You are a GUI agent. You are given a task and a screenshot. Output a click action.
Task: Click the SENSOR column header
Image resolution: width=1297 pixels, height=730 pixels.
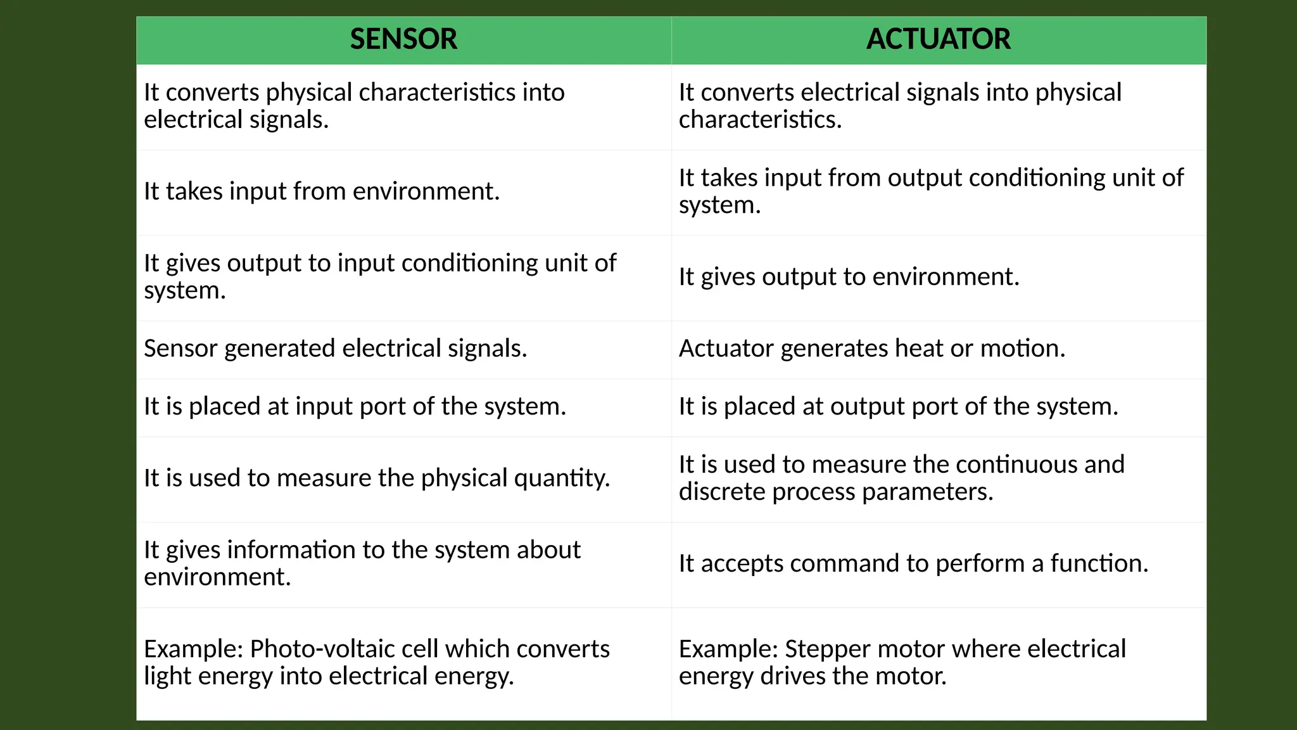tap(403, 39)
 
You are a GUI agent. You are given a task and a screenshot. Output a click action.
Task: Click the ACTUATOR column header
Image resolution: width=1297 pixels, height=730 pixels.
tap(938, 39)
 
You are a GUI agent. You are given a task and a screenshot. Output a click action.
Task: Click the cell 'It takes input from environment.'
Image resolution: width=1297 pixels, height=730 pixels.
tap(322, 191)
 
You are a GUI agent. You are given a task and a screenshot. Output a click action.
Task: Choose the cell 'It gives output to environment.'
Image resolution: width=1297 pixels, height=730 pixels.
tap(849, 277)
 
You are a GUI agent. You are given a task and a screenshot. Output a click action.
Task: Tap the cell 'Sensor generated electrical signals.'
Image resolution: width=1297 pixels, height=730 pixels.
tap(335, 349)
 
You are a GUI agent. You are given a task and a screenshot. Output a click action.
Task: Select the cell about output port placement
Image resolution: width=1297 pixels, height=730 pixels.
tap(898, 407)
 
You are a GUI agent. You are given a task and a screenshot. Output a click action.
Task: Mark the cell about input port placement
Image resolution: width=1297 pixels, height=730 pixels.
tap(355, 407)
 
